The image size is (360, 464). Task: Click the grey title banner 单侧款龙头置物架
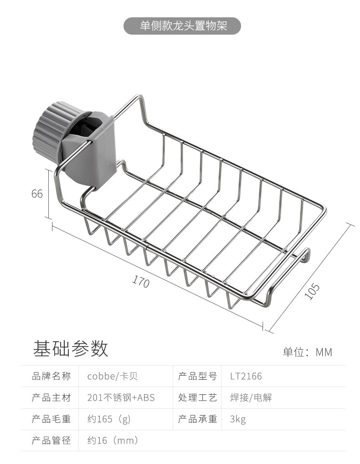coord(182,26)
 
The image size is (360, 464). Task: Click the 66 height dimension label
coord(37,194)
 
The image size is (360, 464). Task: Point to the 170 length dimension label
coord(141,282)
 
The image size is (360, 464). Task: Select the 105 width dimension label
coord(312,292)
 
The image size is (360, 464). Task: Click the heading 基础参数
coord(71,349)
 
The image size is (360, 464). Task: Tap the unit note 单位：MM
coord(308,352)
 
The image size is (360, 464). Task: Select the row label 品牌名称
coord(51,376)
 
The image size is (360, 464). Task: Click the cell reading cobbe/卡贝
coord(112,376)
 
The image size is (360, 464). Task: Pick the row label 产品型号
coord(197,376)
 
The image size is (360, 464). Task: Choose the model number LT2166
coord(246,376)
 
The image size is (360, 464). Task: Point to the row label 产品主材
coord(51,398)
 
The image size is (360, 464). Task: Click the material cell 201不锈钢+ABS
coord(121,398)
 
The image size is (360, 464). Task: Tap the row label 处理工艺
coord(197,398)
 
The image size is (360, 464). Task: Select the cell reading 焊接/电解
coord(251,398)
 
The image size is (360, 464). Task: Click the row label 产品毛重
coord(51,419)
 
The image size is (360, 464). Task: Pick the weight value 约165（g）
coord(109,419)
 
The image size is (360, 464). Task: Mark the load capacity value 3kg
coord(238,419)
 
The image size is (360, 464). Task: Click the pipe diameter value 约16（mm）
coord(113,441)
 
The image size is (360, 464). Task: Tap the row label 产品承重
coord(197,419)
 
